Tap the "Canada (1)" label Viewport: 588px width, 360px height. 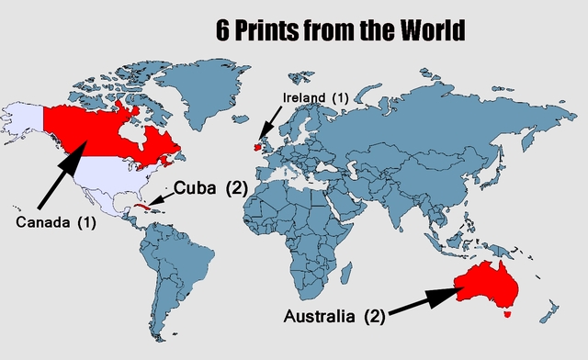[55, 222]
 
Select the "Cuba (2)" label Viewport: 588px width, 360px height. [211, 189]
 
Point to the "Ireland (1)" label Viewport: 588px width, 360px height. [315, 98]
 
